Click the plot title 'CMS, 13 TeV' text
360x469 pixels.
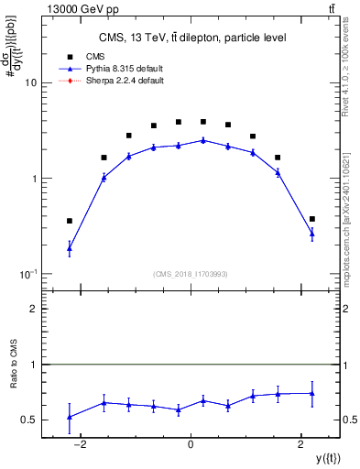pos(190,38)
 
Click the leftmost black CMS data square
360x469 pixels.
pos(70,221)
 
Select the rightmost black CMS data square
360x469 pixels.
pos(312,219)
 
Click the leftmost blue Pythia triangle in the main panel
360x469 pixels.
pos(70,248)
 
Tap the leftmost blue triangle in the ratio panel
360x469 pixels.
pos(70,417)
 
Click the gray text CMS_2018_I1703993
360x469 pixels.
pos(191,274)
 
